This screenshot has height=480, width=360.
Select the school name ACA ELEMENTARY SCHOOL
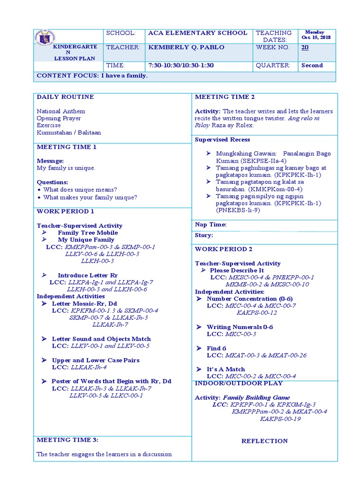click(197, 33)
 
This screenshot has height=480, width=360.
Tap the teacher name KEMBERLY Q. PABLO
click(186, 47)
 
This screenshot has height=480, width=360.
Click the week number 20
click(305, 47)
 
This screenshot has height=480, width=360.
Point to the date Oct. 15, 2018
click(315, 37)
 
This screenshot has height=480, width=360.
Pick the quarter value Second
click(312, 66)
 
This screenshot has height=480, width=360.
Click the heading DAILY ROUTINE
click(65, 97)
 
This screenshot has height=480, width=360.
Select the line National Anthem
click(61, 112)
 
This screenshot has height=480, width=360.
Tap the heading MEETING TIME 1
click(67, 147)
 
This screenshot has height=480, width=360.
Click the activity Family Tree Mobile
click(88, 233)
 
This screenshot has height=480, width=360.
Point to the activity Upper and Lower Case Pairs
click(96, 360)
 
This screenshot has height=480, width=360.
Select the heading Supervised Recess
click(222, 140)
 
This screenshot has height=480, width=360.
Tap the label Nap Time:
click(210, 225)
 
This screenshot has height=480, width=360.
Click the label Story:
click(204, 235)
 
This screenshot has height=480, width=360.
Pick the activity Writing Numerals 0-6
click(240, 327)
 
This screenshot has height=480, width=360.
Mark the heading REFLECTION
click(264, 441)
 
